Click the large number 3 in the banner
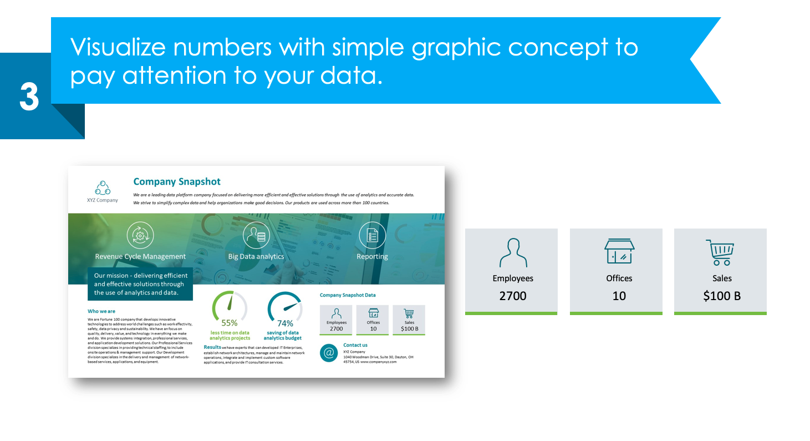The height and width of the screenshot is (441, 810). click(x=29, y=98)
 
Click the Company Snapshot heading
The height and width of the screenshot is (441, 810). click(x=177, y=182)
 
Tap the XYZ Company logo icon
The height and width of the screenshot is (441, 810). click(x=103, y=187)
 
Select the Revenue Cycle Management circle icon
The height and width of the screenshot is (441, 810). click(x=140, y=235)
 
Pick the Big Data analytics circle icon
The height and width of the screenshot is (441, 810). click(x=256, y=235)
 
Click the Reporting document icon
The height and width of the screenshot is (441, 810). click(x=372, y=235)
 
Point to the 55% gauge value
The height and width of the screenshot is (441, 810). click(x=230, y=323)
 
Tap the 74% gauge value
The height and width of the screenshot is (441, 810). click(x=285, y=323)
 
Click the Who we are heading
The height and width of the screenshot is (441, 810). click(x=101, y=311)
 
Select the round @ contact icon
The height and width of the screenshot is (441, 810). click(x=329, y=353)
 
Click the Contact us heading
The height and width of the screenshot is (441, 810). click(x=355, y=345)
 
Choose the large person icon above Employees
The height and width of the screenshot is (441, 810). click(x=513, y=253)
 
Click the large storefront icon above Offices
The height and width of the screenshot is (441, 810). click(x=619, y=252)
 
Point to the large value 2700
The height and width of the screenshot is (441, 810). click(x=513, y=296)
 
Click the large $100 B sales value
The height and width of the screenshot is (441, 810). click(x=722, y=296)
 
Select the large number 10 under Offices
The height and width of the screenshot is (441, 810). click(x=619, y=296)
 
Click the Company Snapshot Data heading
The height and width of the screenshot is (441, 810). click(x=348, y=295)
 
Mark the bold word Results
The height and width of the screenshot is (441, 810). click(x=212, y=347)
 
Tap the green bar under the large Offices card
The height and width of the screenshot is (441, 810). click(x=616, y=313)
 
